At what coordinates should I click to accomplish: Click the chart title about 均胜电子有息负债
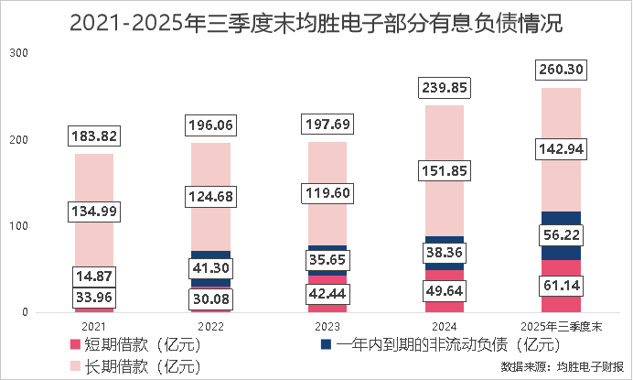point(316,22)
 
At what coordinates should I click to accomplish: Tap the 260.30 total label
point(563,69)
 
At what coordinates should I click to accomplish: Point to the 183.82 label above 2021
point(94,136)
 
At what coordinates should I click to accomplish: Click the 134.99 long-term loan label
point(94,212)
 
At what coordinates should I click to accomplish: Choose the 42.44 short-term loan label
point(327,295)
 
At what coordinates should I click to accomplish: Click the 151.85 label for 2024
point(444,170)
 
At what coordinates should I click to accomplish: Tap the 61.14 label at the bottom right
point(563,287)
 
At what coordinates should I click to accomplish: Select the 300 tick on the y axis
point(18,54)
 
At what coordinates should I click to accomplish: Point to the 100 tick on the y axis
point(18,226)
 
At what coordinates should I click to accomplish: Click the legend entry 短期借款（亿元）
point(134,345)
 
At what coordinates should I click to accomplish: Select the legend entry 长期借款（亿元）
point(134,367)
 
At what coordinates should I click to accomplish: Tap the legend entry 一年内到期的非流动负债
point(439,345)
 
